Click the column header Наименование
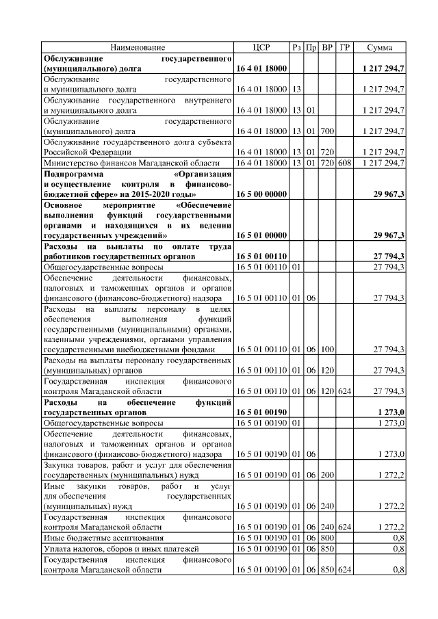click(x=138, y=47)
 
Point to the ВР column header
click(x=326, y=47)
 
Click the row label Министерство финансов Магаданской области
click(x=131, y=163)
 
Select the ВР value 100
click(x=326, y=350)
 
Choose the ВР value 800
click(x=326, y=538)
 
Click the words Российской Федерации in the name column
click(x=83, y=153)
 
